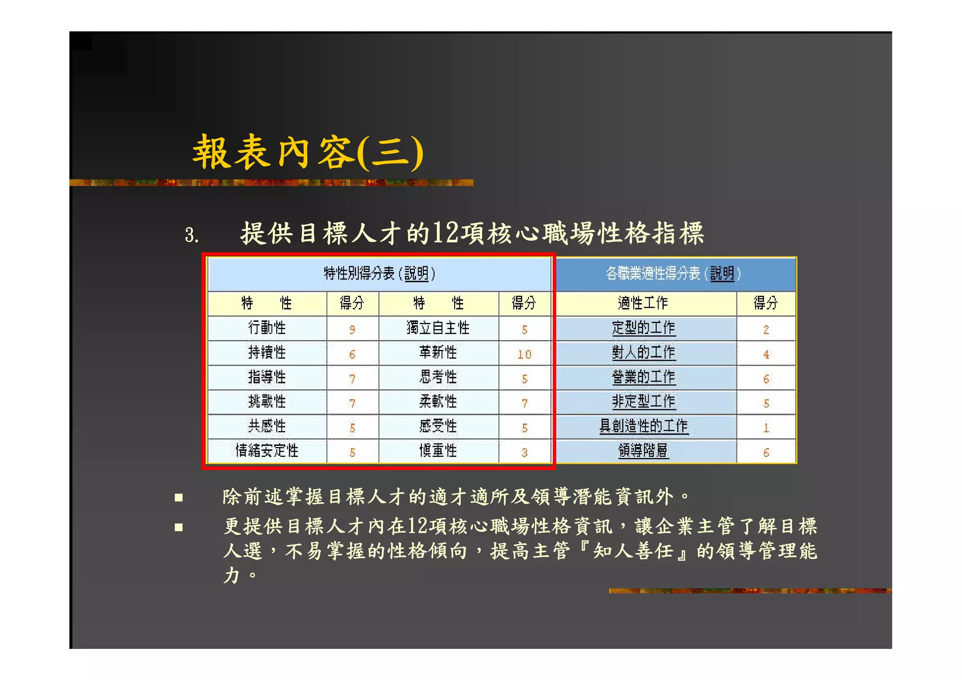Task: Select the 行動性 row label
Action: (x=267, y=328)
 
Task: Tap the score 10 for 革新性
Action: (x=524, y=354)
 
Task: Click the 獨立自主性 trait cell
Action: (x=438, y=328)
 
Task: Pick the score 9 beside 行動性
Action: (x=352, y=329)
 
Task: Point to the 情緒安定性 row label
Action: (x=267, y=451)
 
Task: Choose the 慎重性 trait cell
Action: (x=438, y=451)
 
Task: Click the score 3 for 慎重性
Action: (x=524, y=453)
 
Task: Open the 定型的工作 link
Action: (x=643, y=328)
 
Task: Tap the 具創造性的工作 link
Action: (x=643, y=426)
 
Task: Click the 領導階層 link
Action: (x=643, y=451)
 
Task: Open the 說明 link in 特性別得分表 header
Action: (x=416, y=273)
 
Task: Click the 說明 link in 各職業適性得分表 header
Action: (x=721, y=273)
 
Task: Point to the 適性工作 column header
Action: (x=643, y=303)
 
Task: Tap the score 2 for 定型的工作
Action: (x=766, y=329)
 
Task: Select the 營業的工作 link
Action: (x=643, y=377)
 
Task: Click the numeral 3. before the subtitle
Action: (x=191, y=234)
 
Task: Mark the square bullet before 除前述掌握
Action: (x=178, y=497)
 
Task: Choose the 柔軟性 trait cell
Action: (x=438, y=401)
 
